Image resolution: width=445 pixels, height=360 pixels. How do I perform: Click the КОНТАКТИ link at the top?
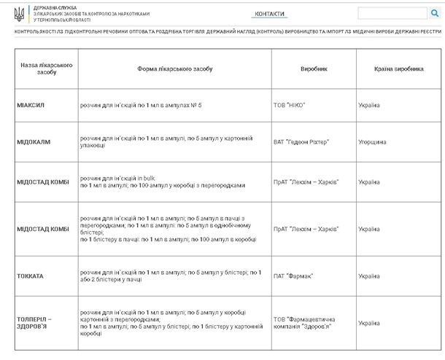[x=269, y=14]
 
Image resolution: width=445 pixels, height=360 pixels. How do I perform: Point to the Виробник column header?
[x=314, y=69]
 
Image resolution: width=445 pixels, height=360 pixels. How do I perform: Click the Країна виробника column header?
[x=398, y=69]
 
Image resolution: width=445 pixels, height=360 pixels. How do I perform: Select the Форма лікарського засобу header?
[x=174, y=69]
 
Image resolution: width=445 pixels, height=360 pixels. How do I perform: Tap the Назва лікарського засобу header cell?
[x=46, y=69]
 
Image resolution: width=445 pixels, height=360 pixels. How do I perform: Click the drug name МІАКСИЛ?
[x=31, y=105]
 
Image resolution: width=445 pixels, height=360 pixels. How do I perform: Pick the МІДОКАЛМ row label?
[x=34, y=142]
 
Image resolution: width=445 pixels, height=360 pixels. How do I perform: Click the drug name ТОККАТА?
[x=31, y=276]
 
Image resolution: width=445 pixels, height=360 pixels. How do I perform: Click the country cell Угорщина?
[x=372, y=142]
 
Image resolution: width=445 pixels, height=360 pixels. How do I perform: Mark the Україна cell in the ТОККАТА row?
[x=369, y=276]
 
